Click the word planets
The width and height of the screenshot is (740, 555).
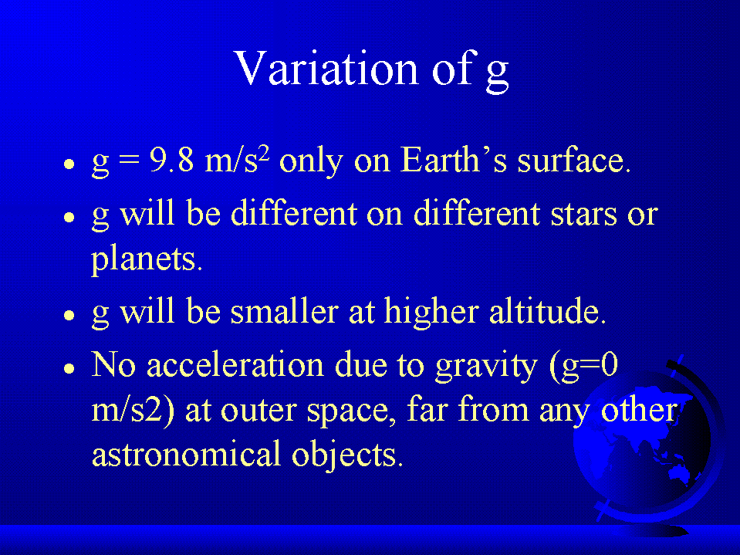click(147, 259)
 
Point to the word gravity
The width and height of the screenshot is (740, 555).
click(487, 366)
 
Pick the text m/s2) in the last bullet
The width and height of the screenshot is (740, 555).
click(133, 410)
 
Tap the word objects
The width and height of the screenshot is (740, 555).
click(347, 454)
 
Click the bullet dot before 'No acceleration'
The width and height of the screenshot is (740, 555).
click(69, 368)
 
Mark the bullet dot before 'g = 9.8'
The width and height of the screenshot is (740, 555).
click(69, 164)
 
